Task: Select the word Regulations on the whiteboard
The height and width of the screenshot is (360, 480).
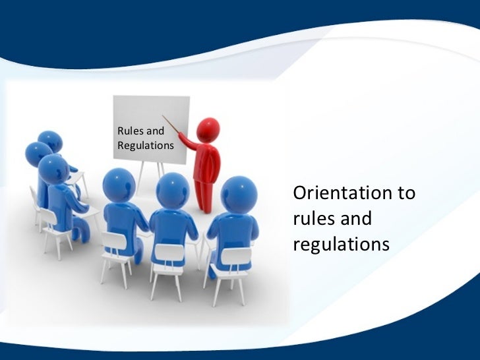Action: coord(145,144)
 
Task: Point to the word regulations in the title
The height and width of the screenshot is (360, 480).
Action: coord(341,244)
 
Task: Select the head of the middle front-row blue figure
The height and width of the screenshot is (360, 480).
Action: coord(173,190)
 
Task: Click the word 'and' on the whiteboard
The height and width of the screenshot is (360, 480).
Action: coord(156,131)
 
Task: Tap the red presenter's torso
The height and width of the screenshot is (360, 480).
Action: coord(208,158)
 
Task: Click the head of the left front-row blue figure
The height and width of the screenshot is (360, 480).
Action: coord(119,185)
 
